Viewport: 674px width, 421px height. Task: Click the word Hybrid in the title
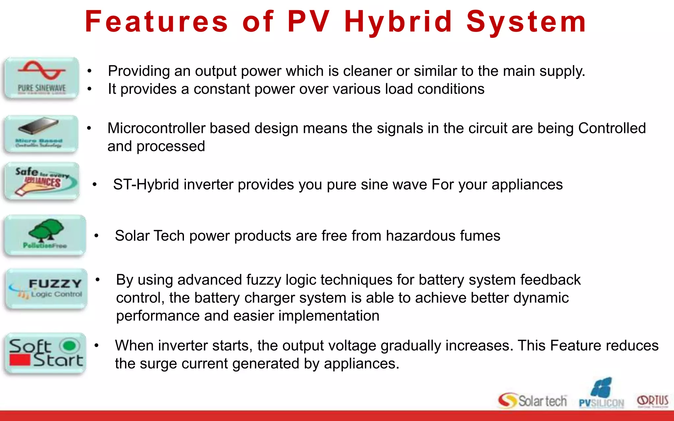click(398, 22)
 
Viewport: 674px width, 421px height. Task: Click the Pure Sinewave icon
click(41, 78)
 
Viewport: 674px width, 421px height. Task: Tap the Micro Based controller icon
click(41, 134)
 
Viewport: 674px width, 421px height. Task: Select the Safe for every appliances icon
click(42, 181)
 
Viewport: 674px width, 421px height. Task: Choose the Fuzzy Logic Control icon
click(46, 289)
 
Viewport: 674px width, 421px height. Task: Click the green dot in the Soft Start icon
click(69, 346)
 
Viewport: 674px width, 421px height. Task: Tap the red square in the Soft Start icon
click(20, 360)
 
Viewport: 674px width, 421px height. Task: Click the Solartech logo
click(532, 401)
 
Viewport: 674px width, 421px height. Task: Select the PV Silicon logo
click(601, 394)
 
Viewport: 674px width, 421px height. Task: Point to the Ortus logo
click(653, 401)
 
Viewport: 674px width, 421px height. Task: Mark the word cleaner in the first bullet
click(366, 71)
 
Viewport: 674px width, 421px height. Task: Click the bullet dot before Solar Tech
click(96, 235)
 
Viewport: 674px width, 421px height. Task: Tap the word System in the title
click(527, 22)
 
